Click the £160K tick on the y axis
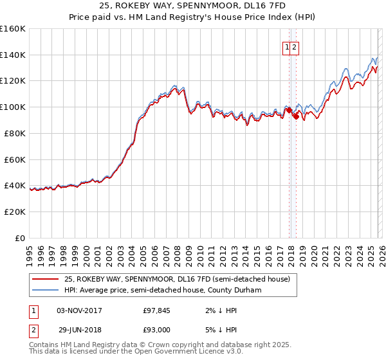[x=13, y=29]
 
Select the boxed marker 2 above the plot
[x=294, y=46]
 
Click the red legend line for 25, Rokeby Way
[x=45, y=280]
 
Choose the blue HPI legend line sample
[x=45, y=290]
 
